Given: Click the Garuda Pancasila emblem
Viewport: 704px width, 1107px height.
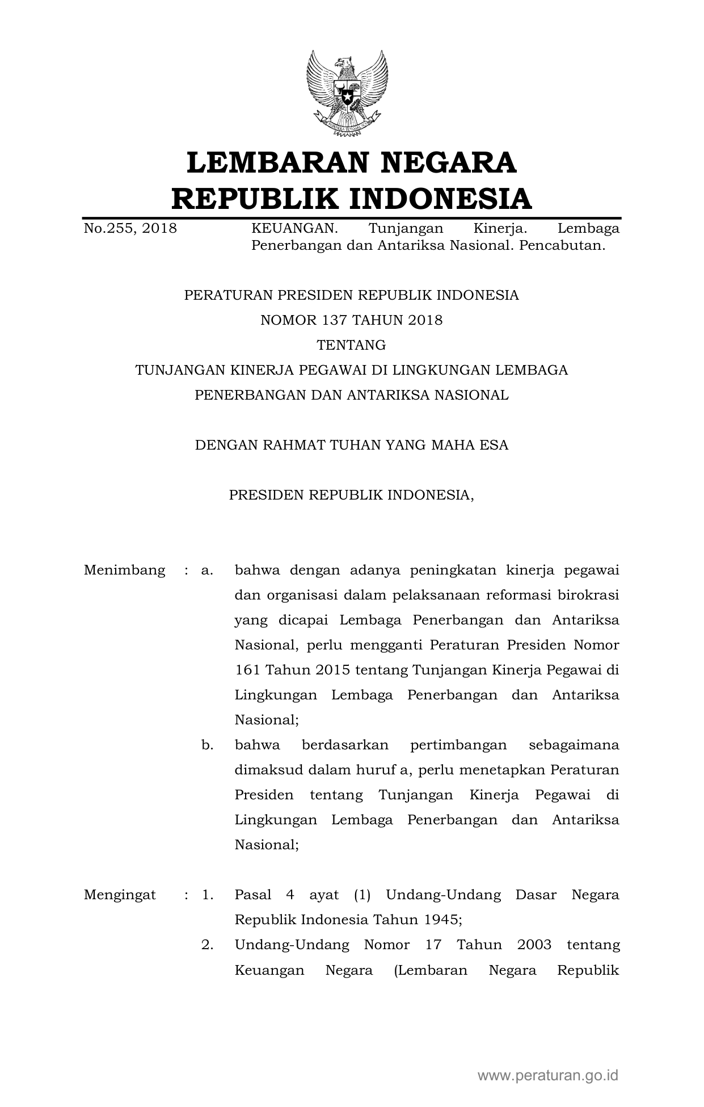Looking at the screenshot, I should click(347, 93).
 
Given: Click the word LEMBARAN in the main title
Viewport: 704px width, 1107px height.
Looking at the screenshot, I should click(272, 162).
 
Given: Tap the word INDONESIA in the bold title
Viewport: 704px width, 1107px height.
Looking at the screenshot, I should click(440, 199).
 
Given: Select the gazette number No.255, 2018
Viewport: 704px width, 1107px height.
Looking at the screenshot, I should click(130, 229).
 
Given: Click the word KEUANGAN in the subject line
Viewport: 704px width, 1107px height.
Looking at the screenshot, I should click(294, 229).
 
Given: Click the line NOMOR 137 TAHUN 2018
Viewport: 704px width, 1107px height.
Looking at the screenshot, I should click(351, 320).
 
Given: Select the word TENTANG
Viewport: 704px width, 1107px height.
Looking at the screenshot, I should click(351, 345).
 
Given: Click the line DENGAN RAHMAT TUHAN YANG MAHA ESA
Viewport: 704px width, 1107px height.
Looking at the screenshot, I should click(351, 445).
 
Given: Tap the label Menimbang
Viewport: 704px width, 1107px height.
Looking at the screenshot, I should click(125, 570).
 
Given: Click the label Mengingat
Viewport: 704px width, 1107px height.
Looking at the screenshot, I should click(120, 895).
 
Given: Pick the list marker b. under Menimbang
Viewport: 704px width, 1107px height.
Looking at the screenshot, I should click(207, 745).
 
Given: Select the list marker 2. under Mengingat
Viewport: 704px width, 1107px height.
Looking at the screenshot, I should click(207, 945).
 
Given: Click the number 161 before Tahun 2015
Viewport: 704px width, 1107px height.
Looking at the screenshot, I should click(247, 670).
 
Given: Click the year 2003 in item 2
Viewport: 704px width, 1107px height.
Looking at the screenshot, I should click(534, 945).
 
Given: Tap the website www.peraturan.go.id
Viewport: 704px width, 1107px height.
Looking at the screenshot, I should click(547, 1075).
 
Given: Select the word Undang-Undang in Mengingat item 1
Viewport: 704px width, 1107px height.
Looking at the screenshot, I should click(443, 895).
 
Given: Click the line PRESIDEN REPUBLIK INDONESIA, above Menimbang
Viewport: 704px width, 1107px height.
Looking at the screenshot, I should click(351, 495).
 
